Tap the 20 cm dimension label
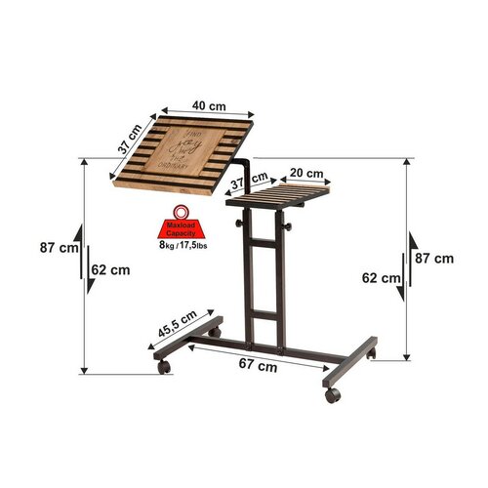click(305, 174)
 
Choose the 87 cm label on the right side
click(433, 258)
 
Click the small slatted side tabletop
click(282, 198)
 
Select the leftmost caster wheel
click(163, 367)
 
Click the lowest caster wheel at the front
click(334, 395)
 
